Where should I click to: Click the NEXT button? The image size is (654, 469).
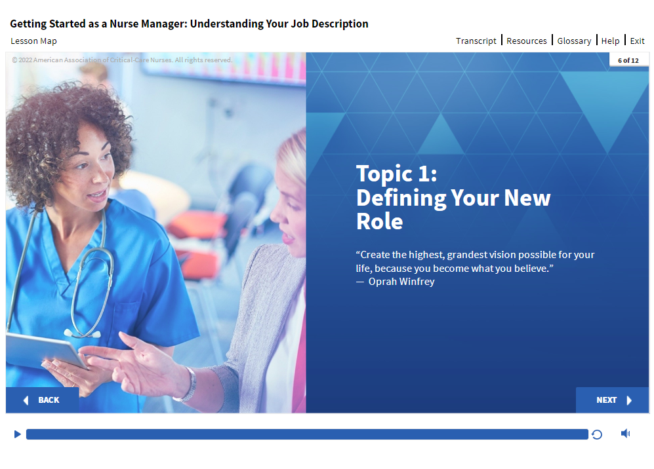click(x=612, y=400)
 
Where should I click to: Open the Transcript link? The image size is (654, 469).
click(x=476, y=41)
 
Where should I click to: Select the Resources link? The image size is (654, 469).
click(x=526, y=41)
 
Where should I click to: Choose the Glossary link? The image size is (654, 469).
click(x=574, y=41)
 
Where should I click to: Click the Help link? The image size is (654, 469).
click(x=610, y=41)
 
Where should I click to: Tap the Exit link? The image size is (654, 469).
click(x=637, y=41)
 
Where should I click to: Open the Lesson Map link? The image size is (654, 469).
click(x=34, y=41)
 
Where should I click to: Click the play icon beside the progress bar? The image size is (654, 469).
click(x=18, y=434)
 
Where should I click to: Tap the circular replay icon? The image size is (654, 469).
click(x=597, y=434)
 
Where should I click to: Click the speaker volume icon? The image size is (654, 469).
click(x=625, y=434)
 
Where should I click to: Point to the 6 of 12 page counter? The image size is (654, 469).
click(x=628, y=60)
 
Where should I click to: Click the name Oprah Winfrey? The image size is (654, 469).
click(x=401, y=282)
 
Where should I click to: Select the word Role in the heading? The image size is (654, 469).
click(x=380, y=221)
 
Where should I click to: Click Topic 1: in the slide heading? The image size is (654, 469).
click(x=397, y=174)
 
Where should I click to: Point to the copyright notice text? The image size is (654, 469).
click(x=122, y=60)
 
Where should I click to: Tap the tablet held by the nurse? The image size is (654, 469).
click(x=46, y=350)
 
